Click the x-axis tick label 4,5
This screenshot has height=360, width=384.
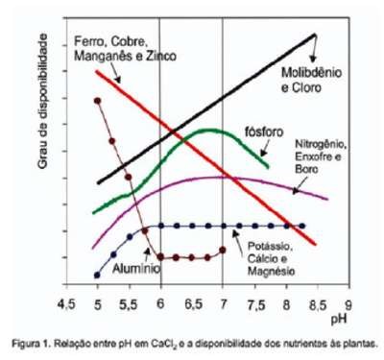66,304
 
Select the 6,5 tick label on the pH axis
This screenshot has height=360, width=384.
193,304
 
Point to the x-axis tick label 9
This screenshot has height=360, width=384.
348,304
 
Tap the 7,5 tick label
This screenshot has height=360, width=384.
256,304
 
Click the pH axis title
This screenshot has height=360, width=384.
339,320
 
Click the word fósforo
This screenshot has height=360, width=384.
264,132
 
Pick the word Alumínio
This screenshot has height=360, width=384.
136,269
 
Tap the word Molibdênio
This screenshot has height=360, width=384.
311,73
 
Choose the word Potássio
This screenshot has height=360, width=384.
270,247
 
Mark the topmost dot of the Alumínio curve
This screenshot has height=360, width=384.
98,101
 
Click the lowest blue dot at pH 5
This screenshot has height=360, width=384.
97,275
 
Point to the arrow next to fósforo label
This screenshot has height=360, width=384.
265,149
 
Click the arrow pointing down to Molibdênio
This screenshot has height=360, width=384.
314,48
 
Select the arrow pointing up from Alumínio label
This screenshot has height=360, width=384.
147,254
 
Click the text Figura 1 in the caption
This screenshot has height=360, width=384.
30,344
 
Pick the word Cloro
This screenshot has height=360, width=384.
301,87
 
